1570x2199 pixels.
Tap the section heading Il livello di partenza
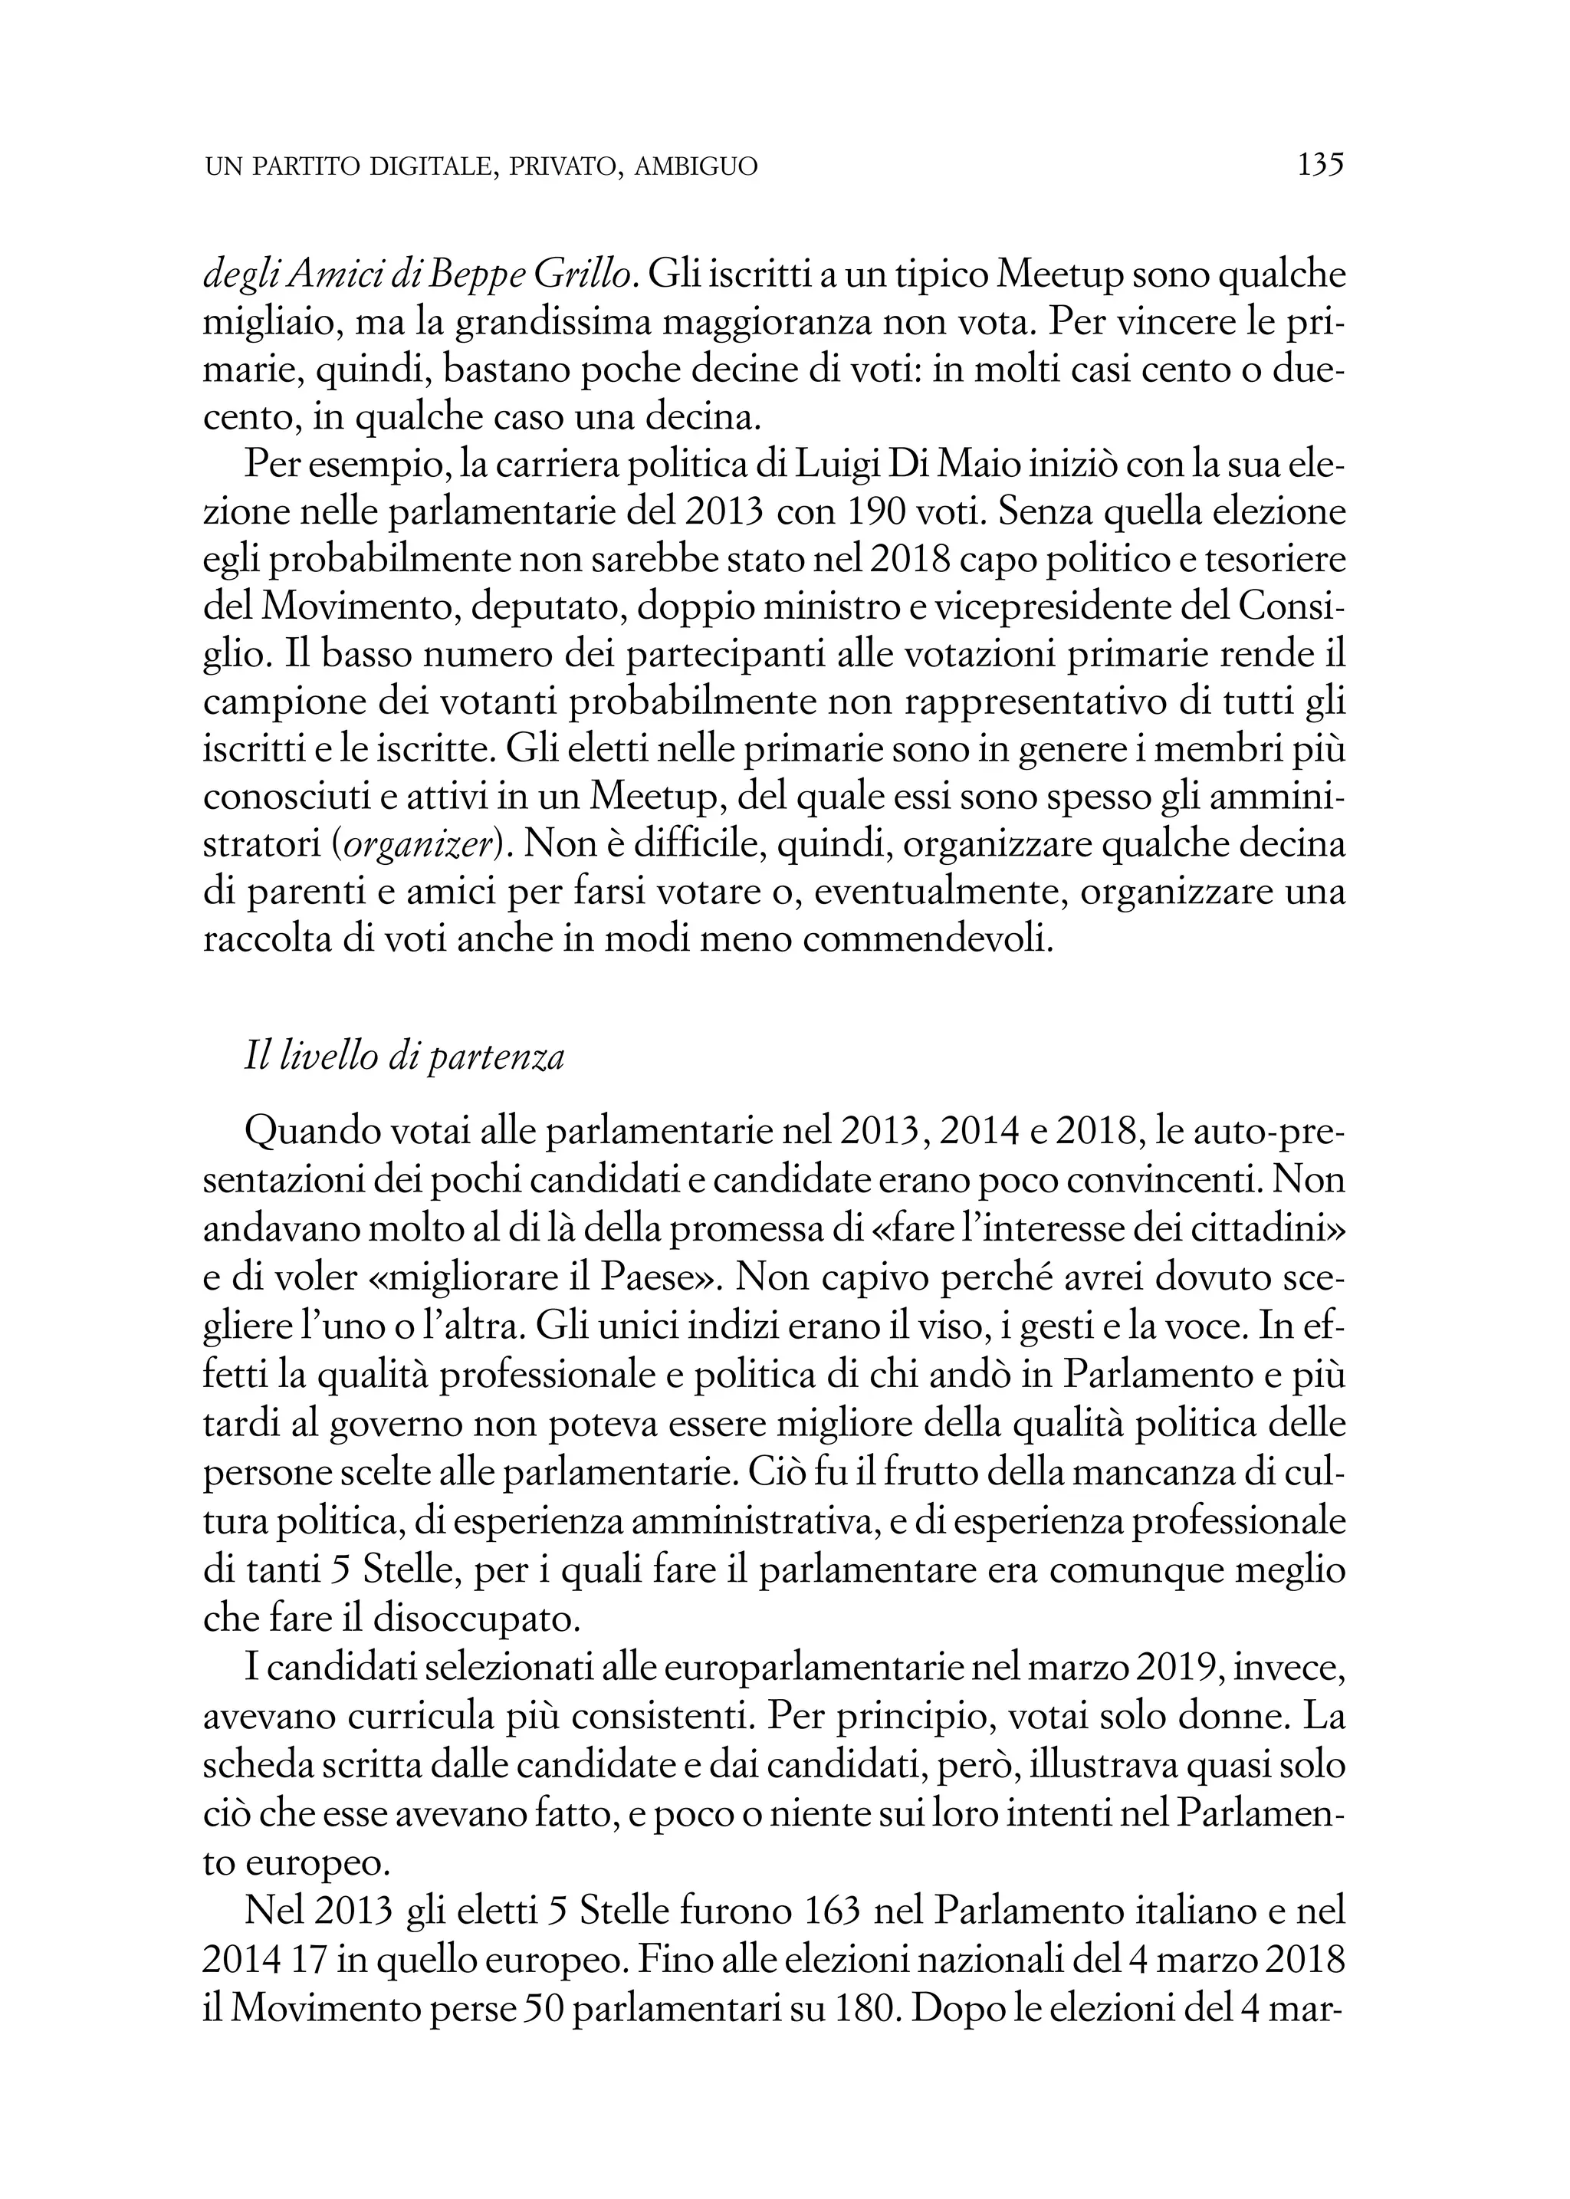[x=404, y=1057]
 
